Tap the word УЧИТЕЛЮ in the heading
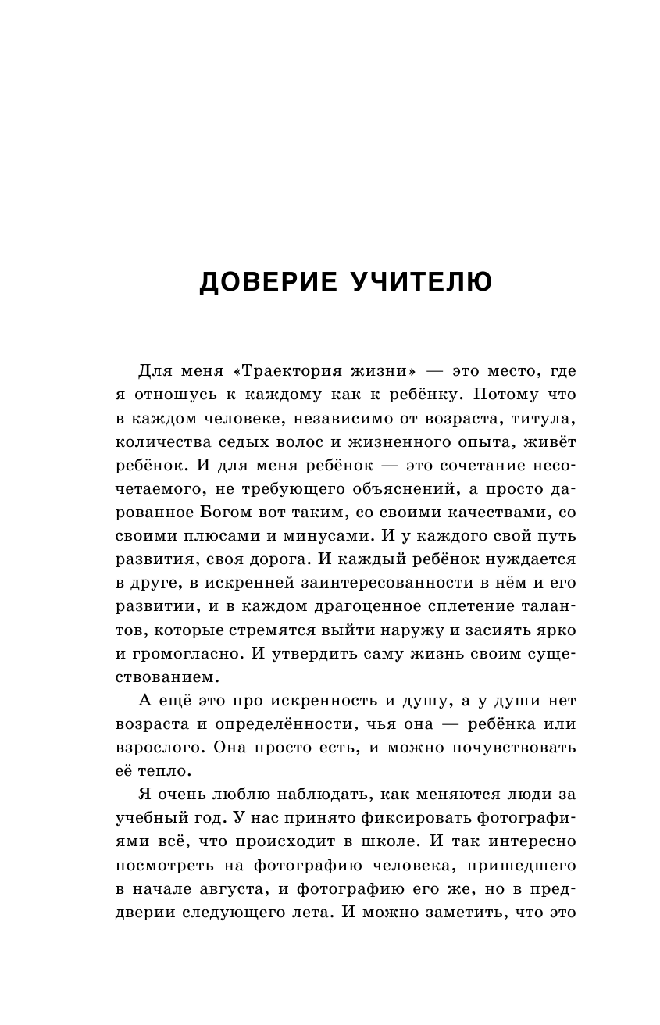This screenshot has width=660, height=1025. click(416, 283)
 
